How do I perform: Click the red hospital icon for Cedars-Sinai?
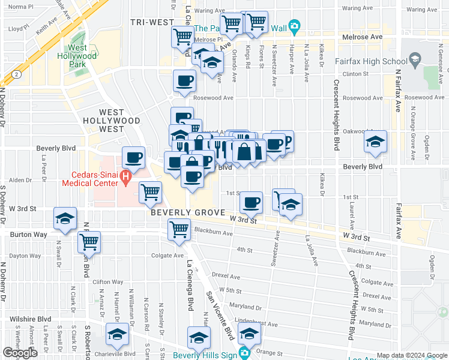[125, 178]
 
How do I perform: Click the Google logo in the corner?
[20, 353]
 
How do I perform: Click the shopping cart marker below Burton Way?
[89, 242]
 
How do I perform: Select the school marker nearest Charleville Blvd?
[117, 336]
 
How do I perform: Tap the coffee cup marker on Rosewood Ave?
[184, 81]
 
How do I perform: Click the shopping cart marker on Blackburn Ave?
[179, 230]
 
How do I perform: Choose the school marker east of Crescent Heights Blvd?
[375, 142]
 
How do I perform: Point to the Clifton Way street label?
[108, 282]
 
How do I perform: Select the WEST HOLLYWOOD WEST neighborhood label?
[111, 121]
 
